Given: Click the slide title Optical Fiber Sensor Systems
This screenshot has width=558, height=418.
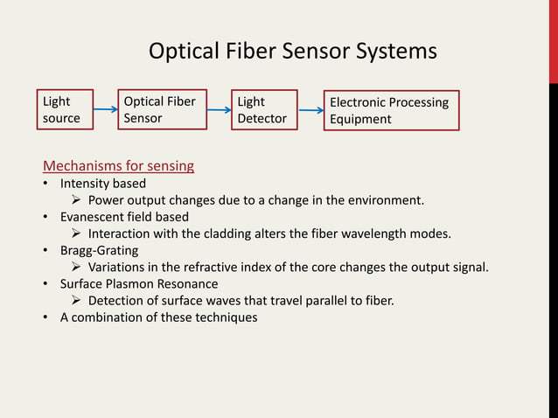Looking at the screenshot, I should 292,52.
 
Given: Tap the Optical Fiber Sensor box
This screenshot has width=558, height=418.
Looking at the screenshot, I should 163,109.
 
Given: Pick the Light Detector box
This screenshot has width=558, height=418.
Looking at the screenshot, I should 264,110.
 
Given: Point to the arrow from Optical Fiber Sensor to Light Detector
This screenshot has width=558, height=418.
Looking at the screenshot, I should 219,110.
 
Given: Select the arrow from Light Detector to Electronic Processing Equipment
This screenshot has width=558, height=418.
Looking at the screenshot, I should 310,110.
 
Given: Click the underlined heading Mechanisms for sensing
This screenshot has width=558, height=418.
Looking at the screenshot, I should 119,165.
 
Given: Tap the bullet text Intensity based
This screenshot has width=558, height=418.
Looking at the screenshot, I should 102,184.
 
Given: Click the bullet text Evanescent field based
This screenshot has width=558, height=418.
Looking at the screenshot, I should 124,217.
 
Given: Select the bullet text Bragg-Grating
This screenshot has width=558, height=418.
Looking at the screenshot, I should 99,250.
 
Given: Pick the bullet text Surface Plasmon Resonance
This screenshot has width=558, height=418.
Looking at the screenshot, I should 139,283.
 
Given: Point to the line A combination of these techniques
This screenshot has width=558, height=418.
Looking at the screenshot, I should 158,317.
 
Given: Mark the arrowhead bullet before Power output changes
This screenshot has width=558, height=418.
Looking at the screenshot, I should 76,200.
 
